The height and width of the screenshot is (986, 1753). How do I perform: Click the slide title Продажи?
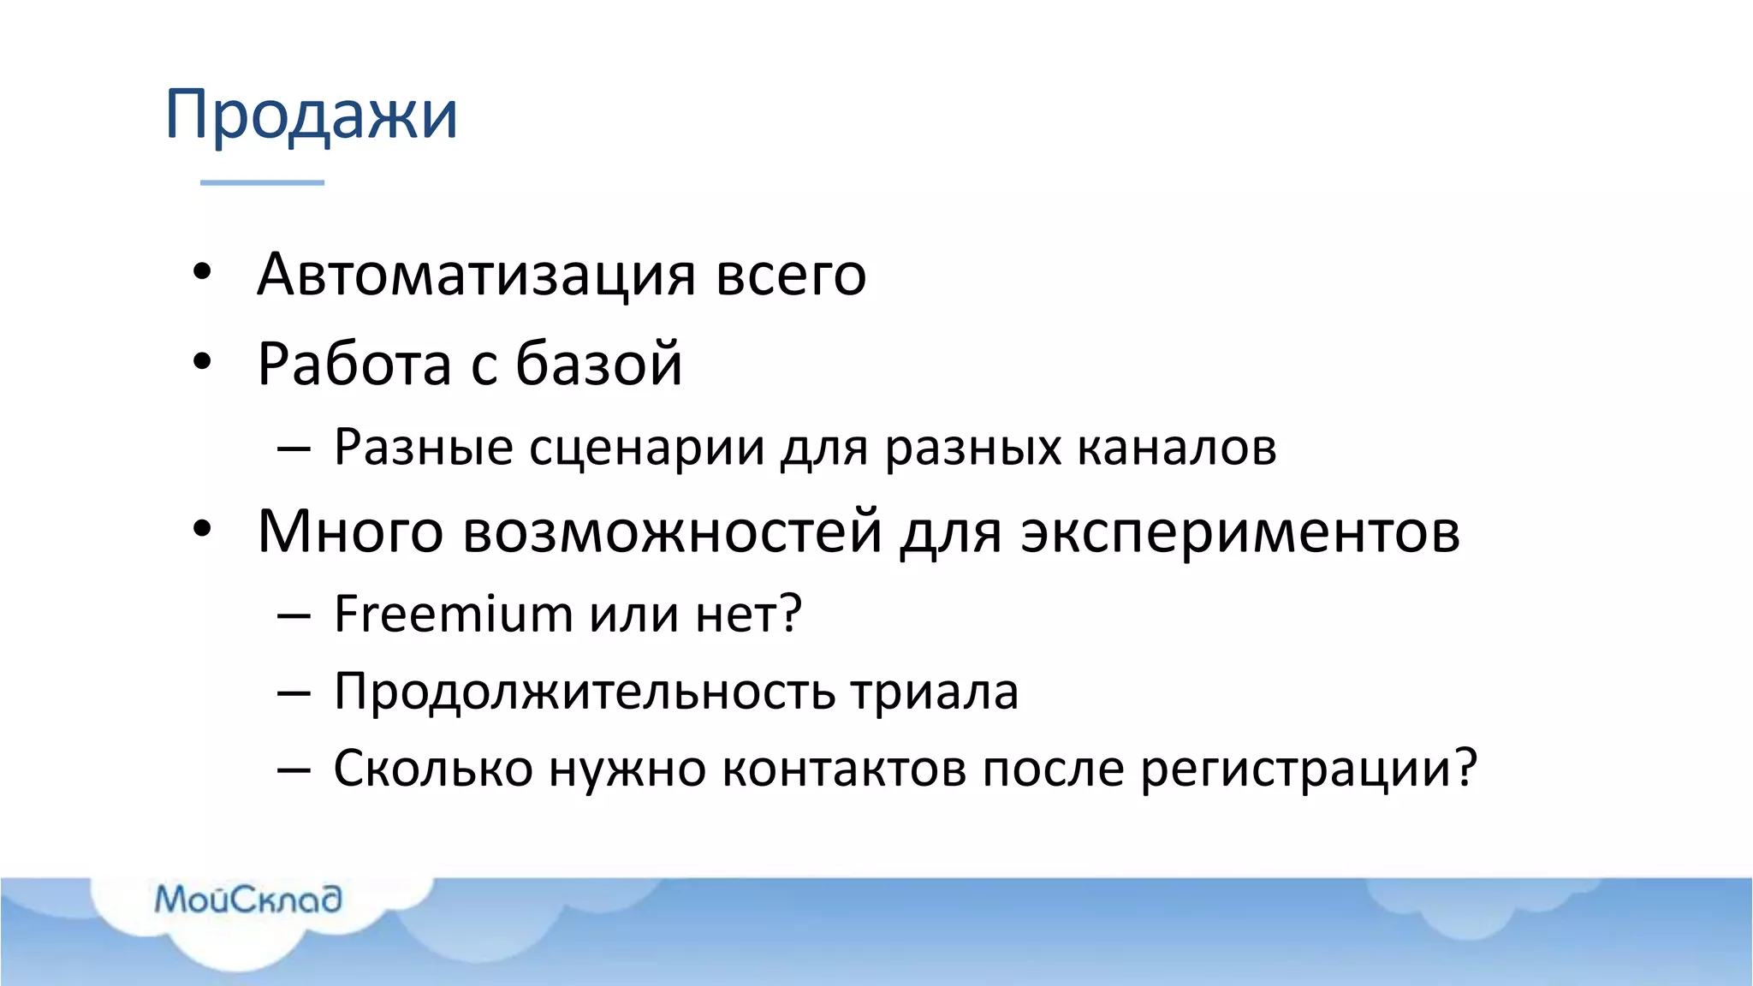(x=312, y=115)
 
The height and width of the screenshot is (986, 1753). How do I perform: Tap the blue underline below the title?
(x=262, y=182)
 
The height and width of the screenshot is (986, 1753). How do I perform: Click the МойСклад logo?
(x=248, y=900)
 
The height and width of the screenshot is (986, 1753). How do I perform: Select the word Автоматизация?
(x=476, y=275)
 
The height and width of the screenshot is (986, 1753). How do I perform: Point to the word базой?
(x=598, y=364)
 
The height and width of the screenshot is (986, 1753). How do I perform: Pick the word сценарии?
(x=646, y=448)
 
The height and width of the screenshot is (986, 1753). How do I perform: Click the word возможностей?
(x=672, y=532)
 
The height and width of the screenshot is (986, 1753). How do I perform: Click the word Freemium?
(x=453, y=614)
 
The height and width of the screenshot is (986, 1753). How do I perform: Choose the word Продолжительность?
(x=585, y=692)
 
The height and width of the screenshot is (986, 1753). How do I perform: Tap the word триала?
(x=935, y=692)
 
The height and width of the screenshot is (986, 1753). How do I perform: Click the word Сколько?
(x=433, y=768)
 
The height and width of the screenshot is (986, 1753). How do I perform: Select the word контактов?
(x=843, y=768)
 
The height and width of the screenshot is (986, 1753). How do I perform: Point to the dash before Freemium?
(x=294, y=615)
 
